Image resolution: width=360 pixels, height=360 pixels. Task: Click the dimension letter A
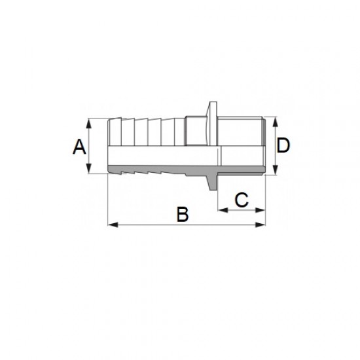point(79,147)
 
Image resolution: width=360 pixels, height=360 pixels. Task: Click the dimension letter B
point(183,214)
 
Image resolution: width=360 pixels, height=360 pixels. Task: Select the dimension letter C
point(242,200)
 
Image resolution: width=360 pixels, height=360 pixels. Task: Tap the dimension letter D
point(283,145)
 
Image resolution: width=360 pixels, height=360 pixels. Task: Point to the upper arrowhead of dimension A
point(89,123)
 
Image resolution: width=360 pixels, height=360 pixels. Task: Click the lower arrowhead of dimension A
point(89,168)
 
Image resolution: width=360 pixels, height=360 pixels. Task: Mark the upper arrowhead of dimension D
point(276,122)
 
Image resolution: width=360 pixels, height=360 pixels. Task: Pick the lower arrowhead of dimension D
point(276,170)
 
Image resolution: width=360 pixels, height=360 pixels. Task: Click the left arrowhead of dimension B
point(113,225)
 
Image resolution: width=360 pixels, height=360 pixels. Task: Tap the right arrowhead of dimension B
point(261,225)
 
